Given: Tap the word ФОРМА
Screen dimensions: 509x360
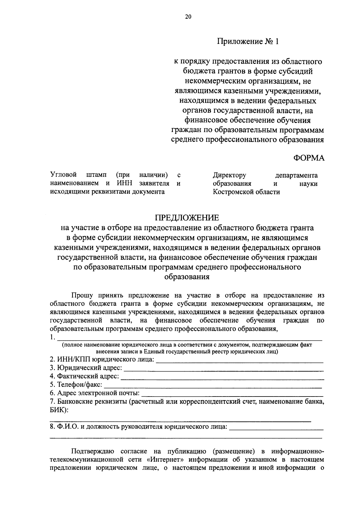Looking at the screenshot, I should pos(309,158).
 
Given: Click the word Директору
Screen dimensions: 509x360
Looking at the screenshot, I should pos(229,175).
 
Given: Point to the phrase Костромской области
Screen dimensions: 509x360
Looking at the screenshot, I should pos(246,192).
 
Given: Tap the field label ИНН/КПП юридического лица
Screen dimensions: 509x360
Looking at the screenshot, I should pos(102,360).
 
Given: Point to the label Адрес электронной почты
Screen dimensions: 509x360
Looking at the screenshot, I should pos(95,393).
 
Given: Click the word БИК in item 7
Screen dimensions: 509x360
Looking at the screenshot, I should pos(57,410).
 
